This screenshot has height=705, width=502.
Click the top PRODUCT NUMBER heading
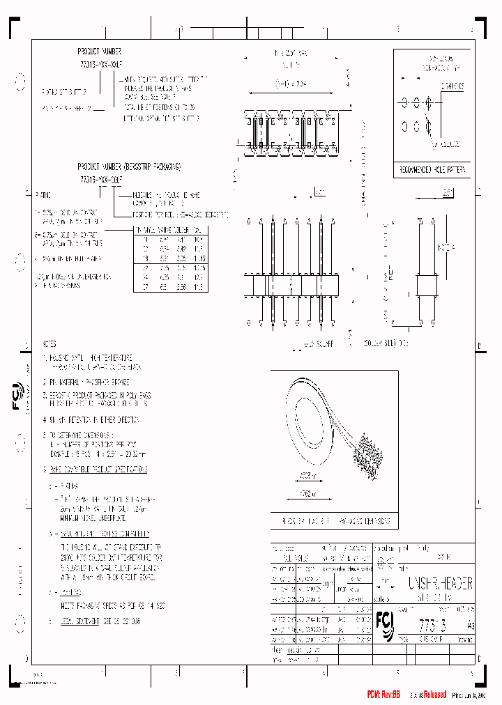[99, 52]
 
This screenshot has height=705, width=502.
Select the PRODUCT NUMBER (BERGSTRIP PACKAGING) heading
[129, 167]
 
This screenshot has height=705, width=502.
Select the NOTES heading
[50, 344]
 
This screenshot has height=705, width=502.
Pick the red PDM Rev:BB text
[384, 695]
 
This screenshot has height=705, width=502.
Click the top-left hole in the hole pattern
[403, 102]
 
